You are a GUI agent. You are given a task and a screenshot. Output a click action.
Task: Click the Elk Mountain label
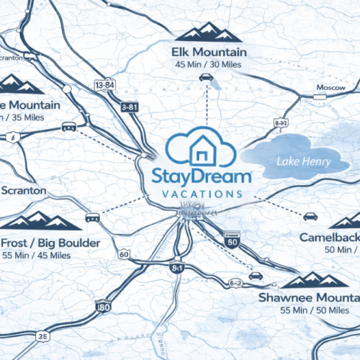pos(209,53)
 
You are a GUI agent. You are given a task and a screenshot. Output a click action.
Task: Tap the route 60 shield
pos(125,254)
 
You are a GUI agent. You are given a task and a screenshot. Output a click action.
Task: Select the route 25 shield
pos(44,336)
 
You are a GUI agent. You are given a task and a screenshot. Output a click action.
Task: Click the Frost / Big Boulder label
pos(50,243)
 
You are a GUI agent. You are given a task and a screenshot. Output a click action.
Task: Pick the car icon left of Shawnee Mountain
pos(255,275)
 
